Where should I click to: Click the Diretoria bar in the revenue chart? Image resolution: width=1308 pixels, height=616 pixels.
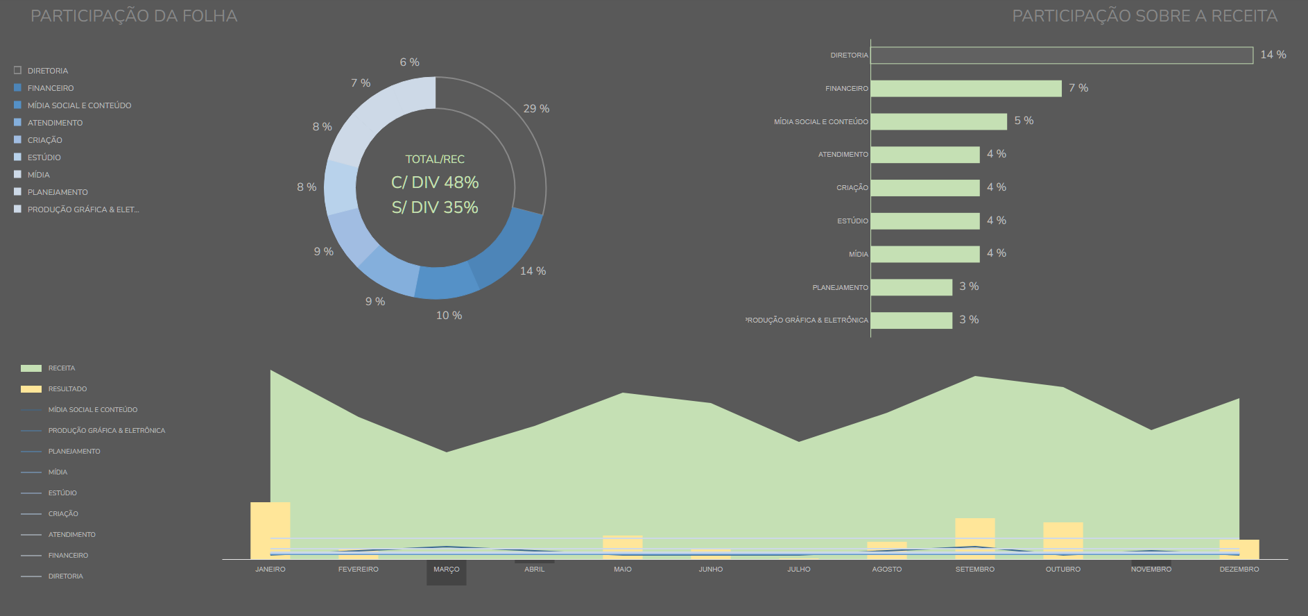[x=1061, y=55]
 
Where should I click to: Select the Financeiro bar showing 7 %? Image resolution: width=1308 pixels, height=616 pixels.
[x=965, y=88]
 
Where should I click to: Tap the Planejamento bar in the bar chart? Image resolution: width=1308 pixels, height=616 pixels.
[x=911, y=287]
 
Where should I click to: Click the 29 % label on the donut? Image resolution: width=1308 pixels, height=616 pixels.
[x=536, y=109]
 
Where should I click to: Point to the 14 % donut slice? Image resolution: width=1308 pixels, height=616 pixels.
[x=510, y=250]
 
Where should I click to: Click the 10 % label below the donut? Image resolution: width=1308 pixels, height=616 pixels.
[x=449, y=316]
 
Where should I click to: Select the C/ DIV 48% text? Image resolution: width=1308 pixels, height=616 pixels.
[x=435, y=182]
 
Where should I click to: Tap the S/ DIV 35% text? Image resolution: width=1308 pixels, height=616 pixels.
[x=435, y=207]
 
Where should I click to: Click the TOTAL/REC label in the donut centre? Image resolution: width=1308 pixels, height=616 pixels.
[x=435, y=160]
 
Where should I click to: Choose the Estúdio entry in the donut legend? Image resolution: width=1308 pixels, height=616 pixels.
[x=44, y=157]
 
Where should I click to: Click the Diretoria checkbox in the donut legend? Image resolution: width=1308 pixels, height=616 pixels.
[x=17, y=71]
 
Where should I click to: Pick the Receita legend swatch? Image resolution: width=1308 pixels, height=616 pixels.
[x=31, y=368]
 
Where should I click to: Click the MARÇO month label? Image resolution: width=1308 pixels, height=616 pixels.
[x=447, y=570]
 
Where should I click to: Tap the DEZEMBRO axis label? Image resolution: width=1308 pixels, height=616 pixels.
[x=1239, y=570]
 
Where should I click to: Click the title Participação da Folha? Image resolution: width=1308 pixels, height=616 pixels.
[x=134, y=16]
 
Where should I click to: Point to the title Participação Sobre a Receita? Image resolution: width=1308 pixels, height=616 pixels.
[x=1144, y=16]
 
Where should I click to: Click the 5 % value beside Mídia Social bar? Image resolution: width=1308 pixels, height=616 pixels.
[x=1024, y=121]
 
